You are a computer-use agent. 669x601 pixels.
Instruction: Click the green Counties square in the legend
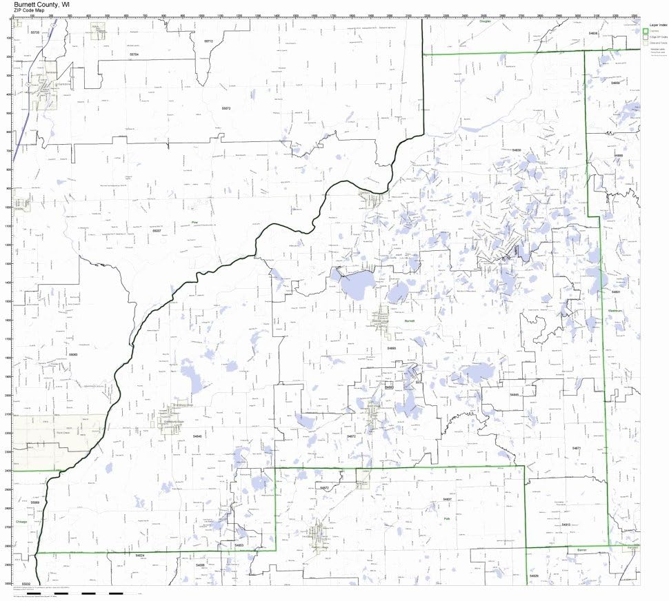point(646,31)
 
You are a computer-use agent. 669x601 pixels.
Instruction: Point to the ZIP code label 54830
point(517,150)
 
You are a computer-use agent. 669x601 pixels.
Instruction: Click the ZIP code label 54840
point(198,436)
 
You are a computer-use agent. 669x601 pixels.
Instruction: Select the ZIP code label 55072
point(226,109)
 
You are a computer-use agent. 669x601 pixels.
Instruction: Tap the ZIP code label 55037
point(157,230)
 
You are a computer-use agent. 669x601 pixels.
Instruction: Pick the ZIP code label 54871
point(577,448)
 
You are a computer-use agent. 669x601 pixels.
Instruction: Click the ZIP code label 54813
point(566,524)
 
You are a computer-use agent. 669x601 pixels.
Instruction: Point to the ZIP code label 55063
point(73,354)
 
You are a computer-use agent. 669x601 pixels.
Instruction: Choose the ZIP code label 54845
point(514,394)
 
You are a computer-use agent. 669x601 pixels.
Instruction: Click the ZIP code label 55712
point(208,41)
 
